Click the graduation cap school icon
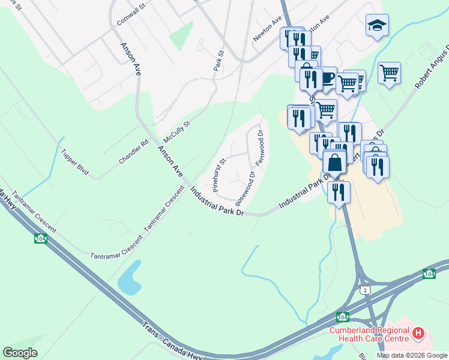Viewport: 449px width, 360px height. (x=376, y=26)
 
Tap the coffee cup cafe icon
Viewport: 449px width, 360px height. (x=327, y=78)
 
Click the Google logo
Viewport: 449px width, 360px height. (x=20, y=352)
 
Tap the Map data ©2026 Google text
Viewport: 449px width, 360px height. (x=412, y=355)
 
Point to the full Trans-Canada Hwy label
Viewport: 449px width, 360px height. (x=174, y=343)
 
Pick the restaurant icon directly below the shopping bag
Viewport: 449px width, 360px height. (x=339, y=193)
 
